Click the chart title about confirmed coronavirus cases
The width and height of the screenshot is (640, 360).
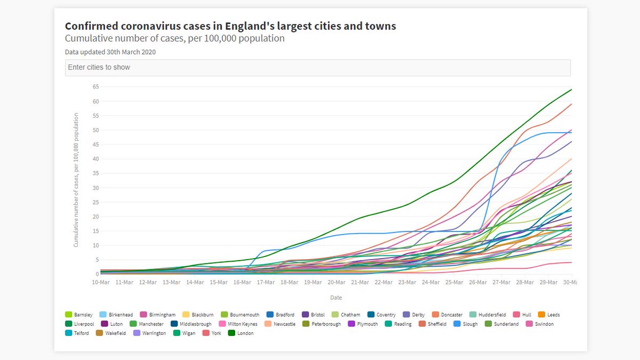coord(230,26)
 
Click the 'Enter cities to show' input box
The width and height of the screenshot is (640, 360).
coord(317,68)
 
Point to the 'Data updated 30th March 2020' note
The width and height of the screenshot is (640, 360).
coord(110,52)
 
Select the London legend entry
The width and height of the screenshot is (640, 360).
coord(241,333)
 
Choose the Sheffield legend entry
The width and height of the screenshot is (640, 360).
coord(432,324)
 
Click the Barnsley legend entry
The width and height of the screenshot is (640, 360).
coord(79,315)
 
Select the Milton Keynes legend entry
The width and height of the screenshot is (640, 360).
coord(238,324)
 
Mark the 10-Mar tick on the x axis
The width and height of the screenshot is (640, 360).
coord(101,283)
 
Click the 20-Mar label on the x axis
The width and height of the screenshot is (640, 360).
coord(336,283)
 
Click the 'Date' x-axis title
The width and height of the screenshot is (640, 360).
coord(336,298)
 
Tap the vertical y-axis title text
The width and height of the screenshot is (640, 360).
coord(76,180)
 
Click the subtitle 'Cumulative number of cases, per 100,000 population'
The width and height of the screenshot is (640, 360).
coord(174,38)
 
